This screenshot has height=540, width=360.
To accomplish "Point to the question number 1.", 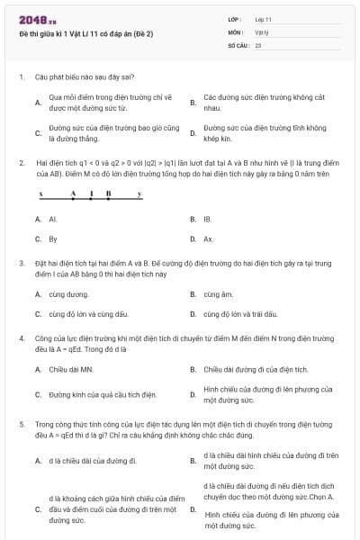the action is (21, 77).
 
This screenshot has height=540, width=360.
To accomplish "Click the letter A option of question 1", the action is (38, 103).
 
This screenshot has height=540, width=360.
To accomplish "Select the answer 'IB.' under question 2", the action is (208, 219).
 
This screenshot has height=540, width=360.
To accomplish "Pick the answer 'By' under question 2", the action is (53, 239).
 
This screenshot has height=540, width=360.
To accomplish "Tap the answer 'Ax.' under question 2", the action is (208, 239).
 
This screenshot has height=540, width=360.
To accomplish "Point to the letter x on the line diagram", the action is (41, 193).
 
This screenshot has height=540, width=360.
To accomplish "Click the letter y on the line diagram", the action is (139, 193).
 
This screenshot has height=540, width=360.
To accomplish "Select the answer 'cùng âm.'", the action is (218, 294).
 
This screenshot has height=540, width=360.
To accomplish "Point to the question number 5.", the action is (21, 423).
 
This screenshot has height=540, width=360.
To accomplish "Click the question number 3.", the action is (21, 263).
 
